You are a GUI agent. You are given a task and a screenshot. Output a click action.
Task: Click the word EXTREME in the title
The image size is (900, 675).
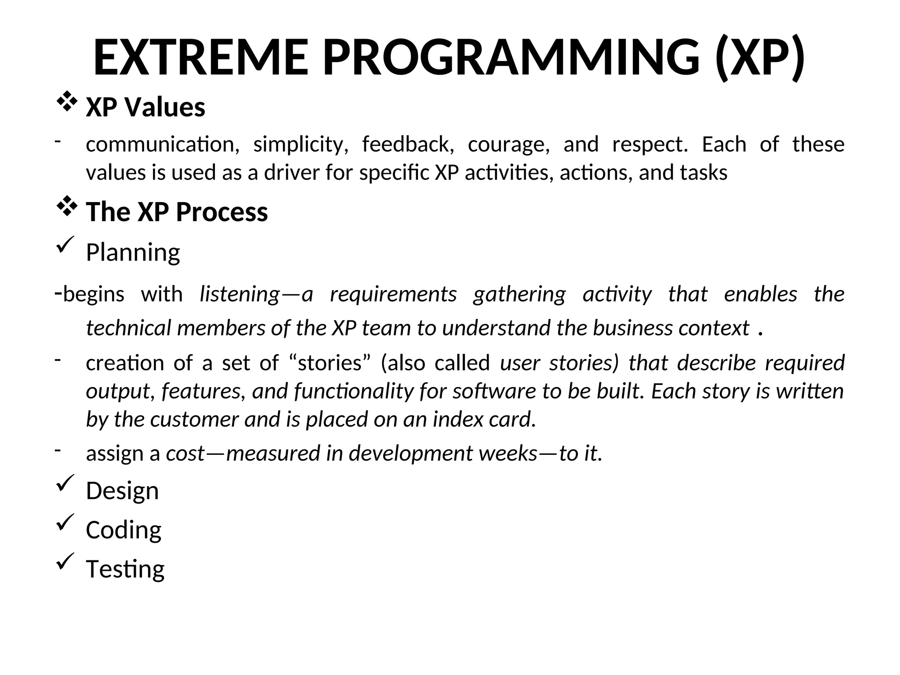(x=201, y=58)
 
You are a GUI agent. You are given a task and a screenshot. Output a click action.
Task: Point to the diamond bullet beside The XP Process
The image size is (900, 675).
(x=66, y=207)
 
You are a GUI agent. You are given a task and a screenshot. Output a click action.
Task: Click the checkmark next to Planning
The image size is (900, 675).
(x=65, y=244)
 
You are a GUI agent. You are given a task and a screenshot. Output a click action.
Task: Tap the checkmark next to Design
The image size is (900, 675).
(x=65, y=483)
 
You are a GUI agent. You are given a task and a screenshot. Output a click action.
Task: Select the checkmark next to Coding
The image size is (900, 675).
(x=65, y=522)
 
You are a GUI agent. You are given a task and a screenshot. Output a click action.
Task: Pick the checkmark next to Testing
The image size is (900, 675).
(x=65, y=561)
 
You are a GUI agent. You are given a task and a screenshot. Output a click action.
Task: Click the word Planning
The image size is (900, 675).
(x=133, y=252)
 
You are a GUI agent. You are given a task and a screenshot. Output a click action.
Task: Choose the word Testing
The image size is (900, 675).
(x=125, y=569)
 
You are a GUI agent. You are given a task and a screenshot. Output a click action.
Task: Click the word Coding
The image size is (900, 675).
(x=123, y=530)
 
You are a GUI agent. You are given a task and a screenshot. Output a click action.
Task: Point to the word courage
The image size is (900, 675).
(x=508, y=145)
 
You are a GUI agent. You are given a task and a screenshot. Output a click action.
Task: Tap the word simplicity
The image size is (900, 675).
(x=301, y=145)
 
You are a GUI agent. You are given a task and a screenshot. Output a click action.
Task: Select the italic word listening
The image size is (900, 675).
(x=240, y=294)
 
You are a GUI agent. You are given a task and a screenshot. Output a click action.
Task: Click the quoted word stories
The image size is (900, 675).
(x=330, y=363)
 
